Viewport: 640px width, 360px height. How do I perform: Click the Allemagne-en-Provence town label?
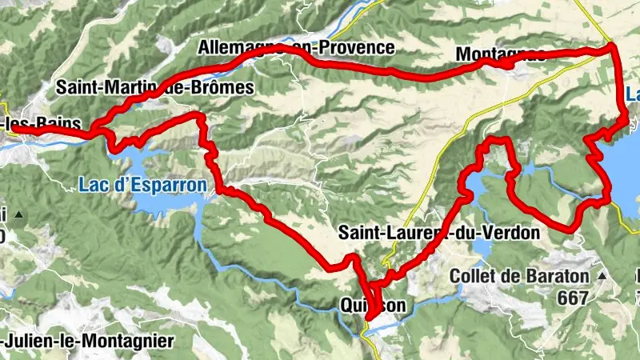[297, 48]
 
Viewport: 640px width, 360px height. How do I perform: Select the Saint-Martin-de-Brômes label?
[154, 86]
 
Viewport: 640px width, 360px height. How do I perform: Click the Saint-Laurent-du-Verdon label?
[439, 233]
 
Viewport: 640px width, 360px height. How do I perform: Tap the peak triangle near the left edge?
[17, 214]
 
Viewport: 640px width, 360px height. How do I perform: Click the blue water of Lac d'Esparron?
[164, 205]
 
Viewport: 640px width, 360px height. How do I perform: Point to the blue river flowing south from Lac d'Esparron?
[240, 260]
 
